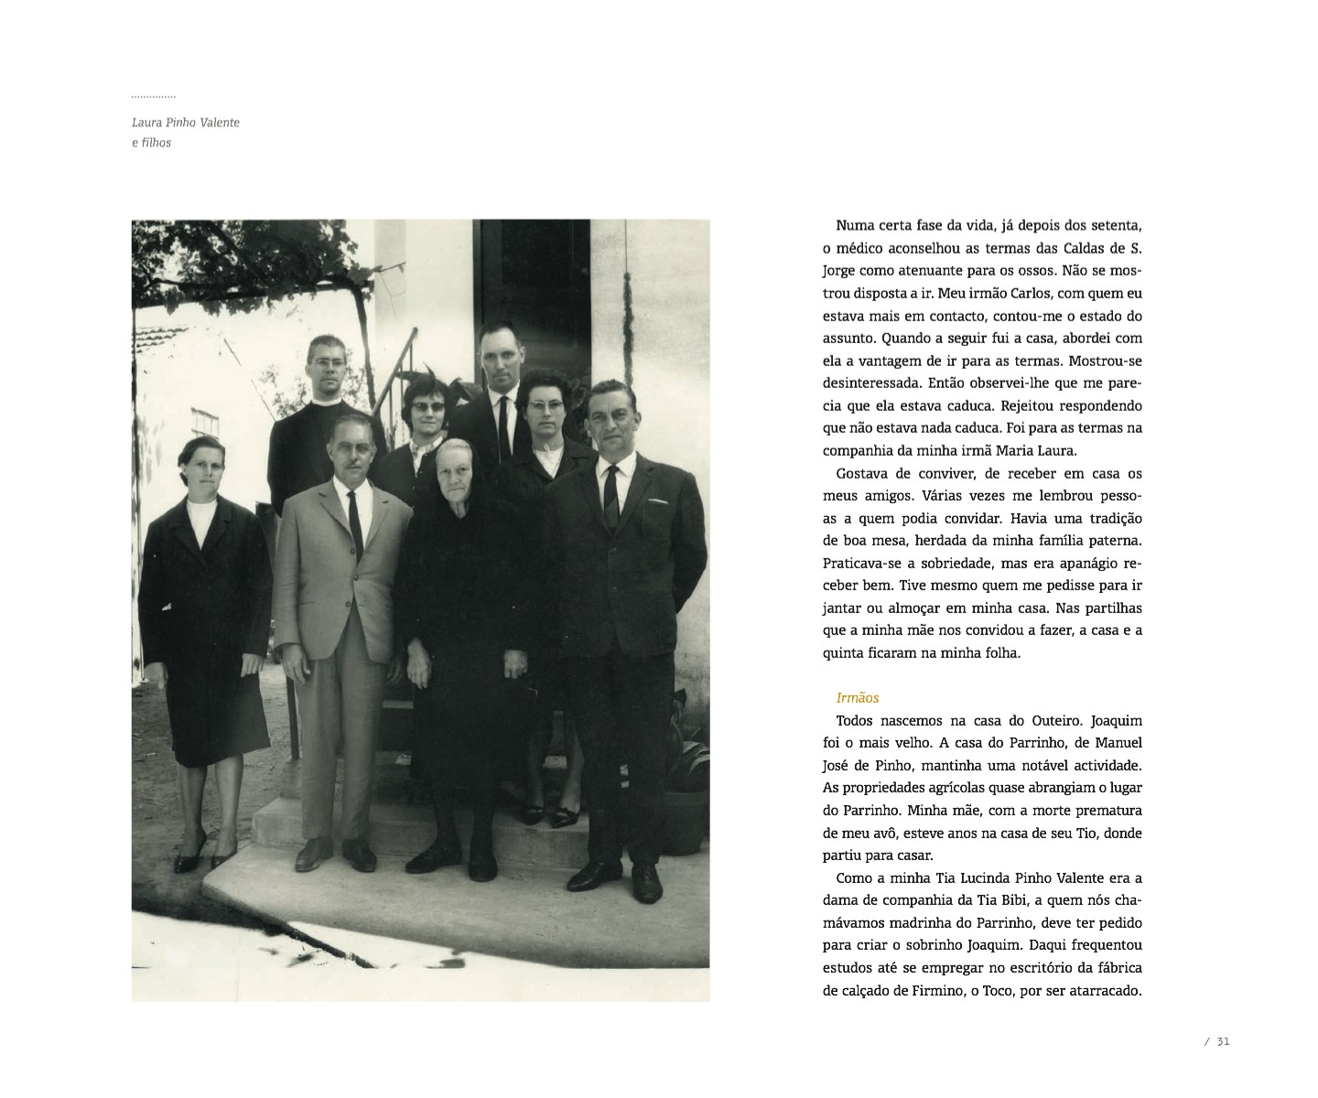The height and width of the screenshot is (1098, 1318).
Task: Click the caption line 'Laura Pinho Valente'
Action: click(186, 123)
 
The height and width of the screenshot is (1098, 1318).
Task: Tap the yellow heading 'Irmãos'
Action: click(858, 698)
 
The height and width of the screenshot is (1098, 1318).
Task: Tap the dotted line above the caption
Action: click(153, 96)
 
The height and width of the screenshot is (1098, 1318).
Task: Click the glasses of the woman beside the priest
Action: click(428, 405)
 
